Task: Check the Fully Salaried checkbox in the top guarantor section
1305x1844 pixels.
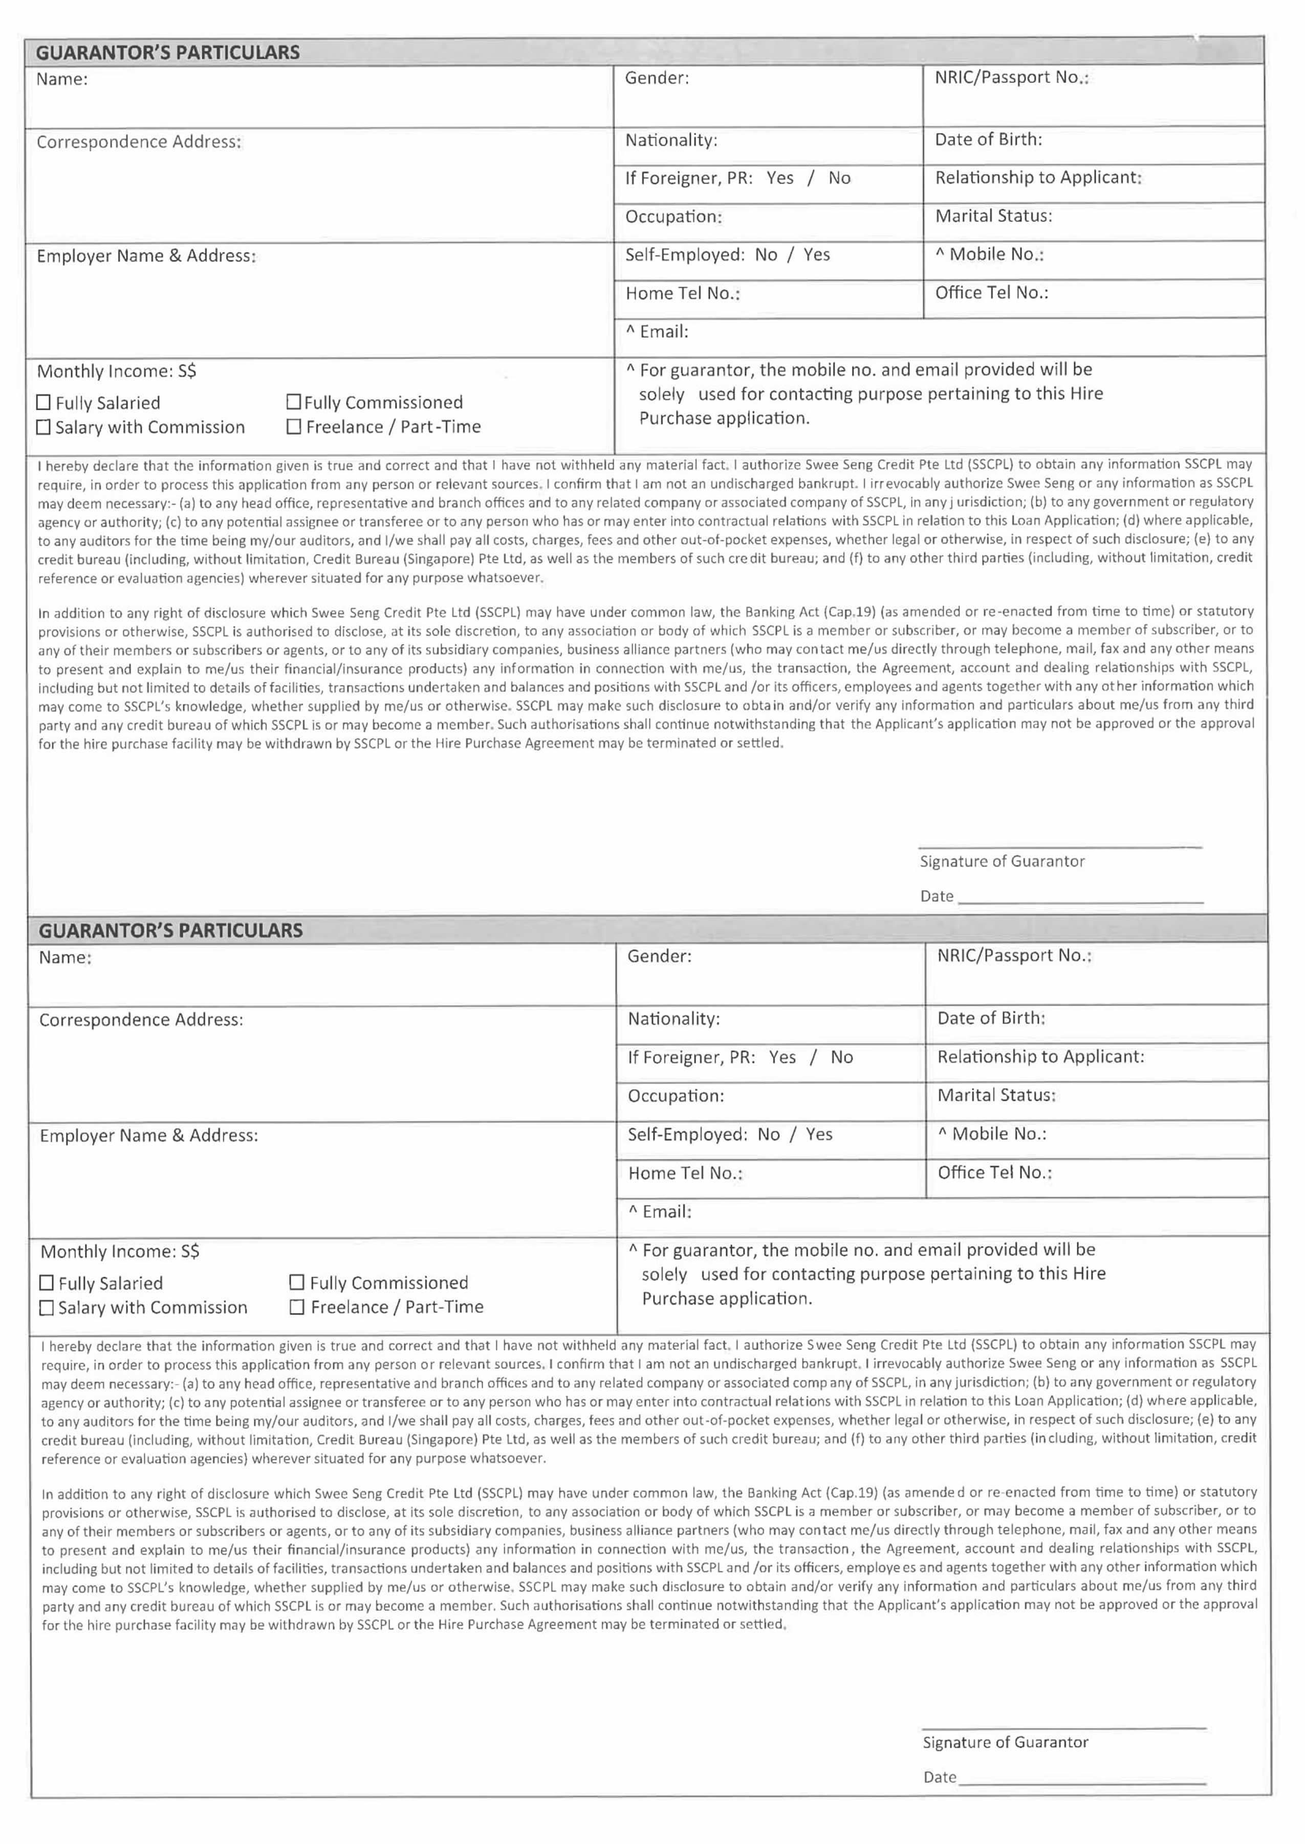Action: (x=44, y=403)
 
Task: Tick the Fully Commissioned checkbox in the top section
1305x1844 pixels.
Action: (x=294, y=402)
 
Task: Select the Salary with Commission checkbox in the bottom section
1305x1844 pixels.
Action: (x=47, y=1307)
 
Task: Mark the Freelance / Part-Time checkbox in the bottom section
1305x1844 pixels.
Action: (x=296, y=1307)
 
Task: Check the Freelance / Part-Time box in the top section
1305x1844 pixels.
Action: (x=294, y=427)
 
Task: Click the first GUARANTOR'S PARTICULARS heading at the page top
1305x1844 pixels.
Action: (x=167, y=52)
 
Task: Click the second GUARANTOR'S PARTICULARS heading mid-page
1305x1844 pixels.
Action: (x=170, y=930)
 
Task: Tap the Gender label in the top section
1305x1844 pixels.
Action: (x=657, y=78)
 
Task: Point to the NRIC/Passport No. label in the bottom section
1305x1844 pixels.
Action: (x=1014, y=955)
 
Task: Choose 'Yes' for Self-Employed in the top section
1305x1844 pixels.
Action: (x=816, y=255)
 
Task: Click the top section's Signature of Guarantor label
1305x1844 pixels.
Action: (x=1002, y=861)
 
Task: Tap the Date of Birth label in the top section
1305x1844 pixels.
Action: (x=988, y=139)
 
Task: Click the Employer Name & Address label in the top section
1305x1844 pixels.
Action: (x=146, y=255)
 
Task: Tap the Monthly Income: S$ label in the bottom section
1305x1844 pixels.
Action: (x=120, y=1251)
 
